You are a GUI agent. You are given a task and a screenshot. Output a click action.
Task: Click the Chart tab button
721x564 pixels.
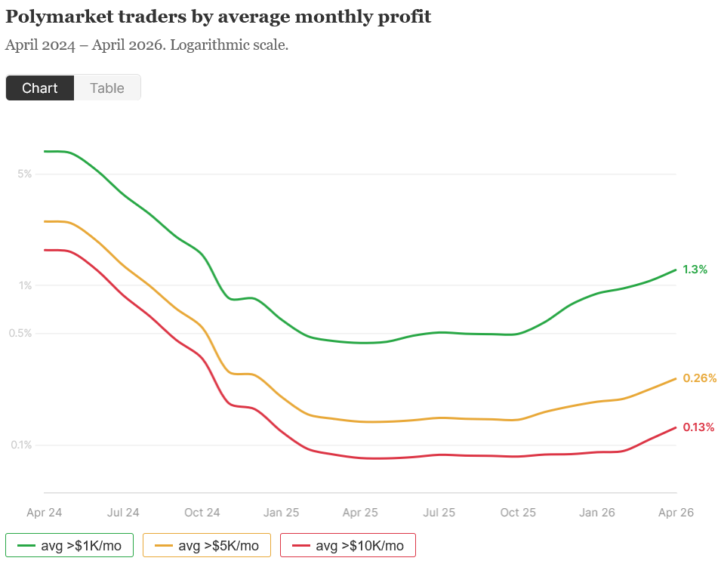[x=40, y=88]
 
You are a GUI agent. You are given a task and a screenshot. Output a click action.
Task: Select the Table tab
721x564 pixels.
[x=106, y=88]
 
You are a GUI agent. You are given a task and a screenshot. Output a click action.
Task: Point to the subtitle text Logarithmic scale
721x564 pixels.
[x=230, y=45]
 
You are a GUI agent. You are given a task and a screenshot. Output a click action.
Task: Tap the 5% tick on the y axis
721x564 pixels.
[x=24, y=174]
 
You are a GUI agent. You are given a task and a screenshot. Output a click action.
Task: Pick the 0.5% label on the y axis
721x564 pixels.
[x=21, y=333]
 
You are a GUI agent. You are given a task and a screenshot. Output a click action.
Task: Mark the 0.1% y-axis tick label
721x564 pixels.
[x=21, y=445]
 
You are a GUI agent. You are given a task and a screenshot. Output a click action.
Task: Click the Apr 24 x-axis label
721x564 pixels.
[x=45, y=513]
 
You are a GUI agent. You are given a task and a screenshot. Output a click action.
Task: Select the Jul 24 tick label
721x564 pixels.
[x=123, y=513]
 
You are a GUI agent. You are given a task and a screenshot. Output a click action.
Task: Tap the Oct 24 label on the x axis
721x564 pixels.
[x=202, y=513]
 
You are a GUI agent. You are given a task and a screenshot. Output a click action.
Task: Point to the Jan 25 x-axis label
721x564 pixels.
[x=281, y=513]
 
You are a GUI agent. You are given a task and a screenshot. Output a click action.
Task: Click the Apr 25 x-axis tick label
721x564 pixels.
[x=360, y=513]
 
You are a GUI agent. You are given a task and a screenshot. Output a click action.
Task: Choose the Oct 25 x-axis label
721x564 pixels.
[x=518, y=513]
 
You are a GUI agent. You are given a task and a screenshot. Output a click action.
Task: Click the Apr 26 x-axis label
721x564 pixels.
[x=676, y=513]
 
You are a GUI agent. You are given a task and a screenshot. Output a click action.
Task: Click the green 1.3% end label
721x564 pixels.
[x=695, y=270]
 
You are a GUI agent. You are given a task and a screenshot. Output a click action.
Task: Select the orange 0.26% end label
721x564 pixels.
[x=699, y=378]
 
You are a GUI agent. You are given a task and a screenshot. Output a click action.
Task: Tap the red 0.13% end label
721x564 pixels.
[x=698, y=427]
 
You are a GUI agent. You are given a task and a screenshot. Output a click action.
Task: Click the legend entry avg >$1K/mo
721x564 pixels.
[x=69, y=545]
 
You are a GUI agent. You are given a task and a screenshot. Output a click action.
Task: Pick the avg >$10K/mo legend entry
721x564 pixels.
[x=347, y=545]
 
